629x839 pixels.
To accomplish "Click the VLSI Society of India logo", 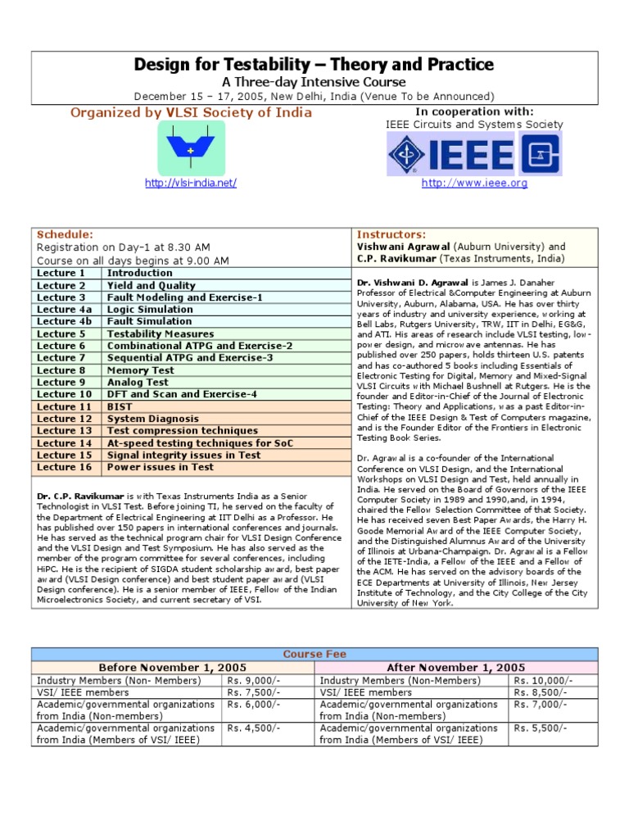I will [190, 148].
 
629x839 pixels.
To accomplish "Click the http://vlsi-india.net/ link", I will [190, 184].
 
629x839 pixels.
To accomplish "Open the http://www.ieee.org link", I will [474, 184].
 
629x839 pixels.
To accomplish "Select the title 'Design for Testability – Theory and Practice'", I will [314, 65].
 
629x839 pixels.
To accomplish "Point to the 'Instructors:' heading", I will [391, 234].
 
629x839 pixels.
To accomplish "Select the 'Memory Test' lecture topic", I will [140, 370].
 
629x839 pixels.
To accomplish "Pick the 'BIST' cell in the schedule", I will [120, 406].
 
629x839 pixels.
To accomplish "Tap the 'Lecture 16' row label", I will [63, 467].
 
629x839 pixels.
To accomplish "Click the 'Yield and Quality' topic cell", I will [152, 286].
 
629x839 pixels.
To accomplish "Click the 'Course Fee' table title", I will [314, 655].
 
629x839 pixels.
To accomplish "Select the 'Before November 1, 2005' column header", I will [173, 668].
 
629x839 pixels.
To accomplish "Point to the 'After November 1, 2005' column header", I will [456, 668].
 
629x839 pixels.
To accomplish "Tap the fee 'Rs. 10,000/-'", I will [543, 681].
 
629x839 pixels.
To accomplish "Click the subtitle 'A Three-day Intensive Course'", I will [314, 82].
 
